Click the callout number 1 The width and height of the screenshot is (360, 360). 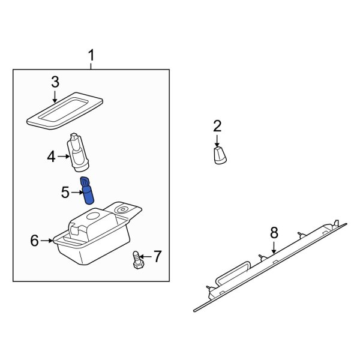[x=91, y=56]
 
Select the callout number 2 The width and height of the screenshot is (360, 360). [x=217, y=126]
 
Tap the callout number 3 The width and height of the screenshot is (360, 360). [x=55, y=82]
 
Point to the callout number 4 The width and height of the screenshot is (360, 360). [x=52, y=157]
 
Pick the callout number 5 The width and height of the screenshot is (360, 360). [x=65, y=193]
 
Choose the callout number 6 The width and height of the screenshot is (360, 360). [x=35, y=241]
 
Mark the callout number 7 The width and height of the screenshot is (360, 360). [x=157, y=257]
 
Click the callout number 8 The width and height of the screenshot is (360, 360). [x=274, y=232]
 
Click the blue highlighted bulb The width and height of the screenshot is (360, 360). [x=87, y=191]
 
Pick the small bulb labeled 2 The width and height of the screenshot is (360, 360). [x=220, y=156]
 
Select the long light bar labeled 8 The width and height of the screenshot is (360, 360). [x=270, y=267]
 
